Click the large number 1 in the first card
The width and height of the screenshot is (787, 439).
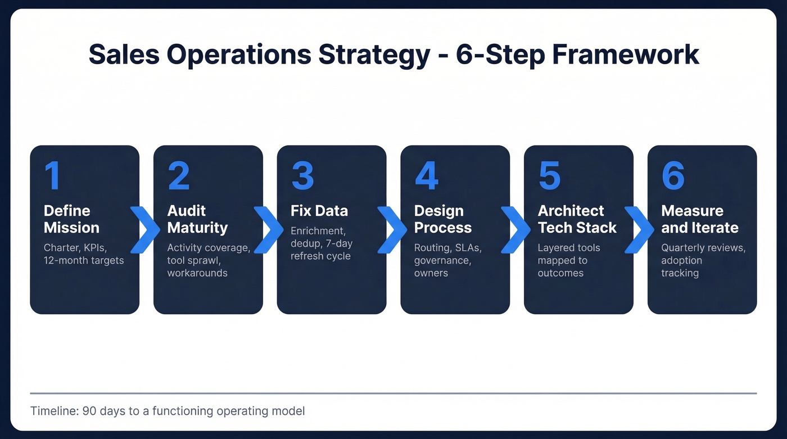pyautogui.click(x=52, y=176)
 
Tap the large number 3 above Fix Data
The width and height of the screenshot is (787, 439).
pyautogui.click(x=302, y=176)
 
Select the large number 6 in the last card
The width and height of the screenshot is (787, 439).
pyautogui.click(x=673, y=176)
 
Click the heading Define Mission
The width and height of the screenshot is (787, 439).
pyautogui.click(x=71, y=219)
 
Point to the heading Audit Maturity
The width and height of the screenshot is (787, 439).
pyautogui.click(x=197, y=219)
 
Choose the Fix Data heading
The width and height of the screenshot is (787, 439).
pyautogui.click(x=319, y=211)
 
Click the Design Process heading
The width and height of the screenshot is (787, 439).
pyautogui.click(x=443, y=219)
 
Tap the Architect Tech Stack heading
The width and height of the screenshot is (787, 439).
pyautogui.click(x=577, y=219)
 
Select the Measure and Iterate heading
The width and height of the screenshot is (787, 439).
pyautogui.click(x=699, y=219)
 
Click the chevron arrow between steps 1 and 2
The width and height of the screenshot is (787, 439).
pyautogui.click(x=146, y=229)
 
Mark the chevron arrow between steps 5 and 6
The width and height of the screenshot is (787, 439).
pyautogui.click(x=640, y=229)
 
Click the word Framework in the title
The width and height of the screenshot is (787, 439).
pyautogui.click(x=625, y=55)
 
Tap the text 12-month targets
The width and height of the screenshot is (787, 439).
pyautogui.click(x=84, y=260)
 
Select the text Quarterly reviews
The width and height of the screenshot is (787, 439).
pyautogui.click(x=703, y=248)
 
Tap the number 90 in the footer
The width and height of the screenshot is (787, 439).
pyautogui.click(x=89, y=411)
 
